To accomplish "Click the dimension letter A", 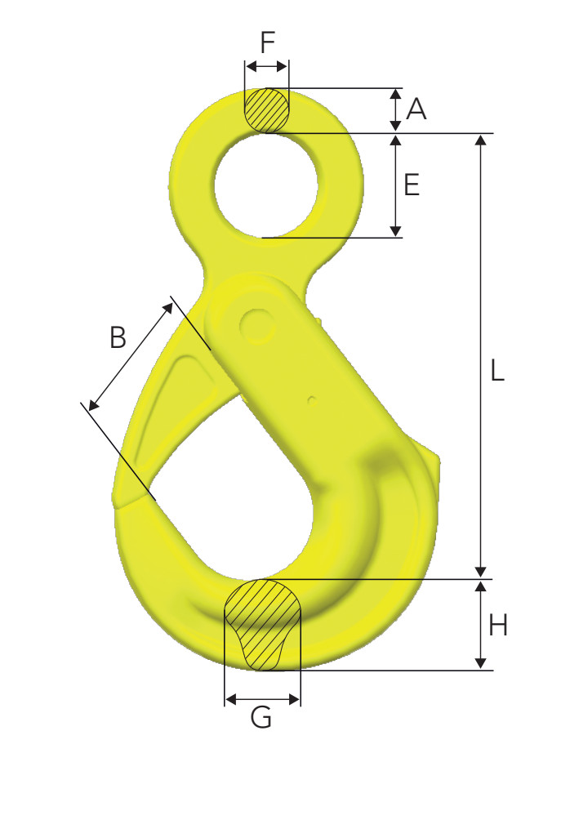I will (416, 109).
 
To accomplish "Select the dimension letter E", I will (412, 185).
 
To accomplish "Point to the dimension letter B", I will (119, 336).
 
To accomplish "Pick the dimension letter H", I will (498, 626).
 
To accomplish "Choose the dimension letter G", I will (261, 719).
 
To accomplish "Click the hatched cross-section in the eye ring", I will (266, 109).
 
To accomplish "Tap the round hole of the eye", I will (266, 185).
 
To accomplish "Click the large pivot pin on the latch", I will (258, 325).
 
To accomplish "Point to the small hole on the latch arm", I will (311, 400).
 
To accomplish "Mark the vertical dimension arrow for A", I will (395, 109).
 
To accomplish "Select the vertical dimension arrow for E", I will (395, 185).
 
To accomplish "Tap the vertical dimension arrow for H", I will (481, 625).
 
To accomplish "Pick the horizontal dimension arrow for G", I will (262, 699).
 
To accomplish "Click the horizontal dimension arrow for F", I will (266, 65).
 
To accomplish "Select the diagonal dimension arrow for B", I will (131, 356).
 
